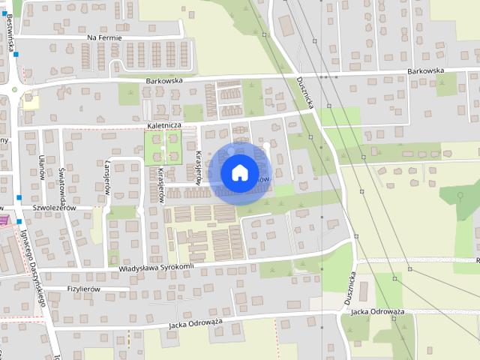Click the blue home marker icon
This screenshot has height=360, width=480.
pos(239,172)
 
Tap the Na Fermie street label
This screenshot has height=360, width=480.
pos(115,37)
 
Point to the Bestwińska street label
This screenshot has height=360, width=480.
pos(10,34)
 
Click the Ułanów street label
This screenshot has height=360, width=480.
pos(41,166)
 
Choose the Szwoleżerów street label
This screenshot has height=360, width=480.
pos(49,208)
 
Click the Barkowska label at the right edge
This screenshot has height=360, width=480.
pos(426,71)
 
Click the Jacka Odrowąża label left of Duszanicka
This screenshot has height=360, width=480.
pos(196,323)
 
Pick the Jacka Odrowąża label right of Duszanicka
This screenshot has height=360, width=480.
pos(377,311)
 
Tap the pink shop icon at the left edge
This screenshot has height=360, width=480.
pos(3,219)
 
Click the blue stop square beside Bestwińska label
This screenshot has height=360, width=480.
pos(15,54)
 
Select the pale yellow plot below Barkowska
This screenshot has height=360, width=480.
pos(30,100)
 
